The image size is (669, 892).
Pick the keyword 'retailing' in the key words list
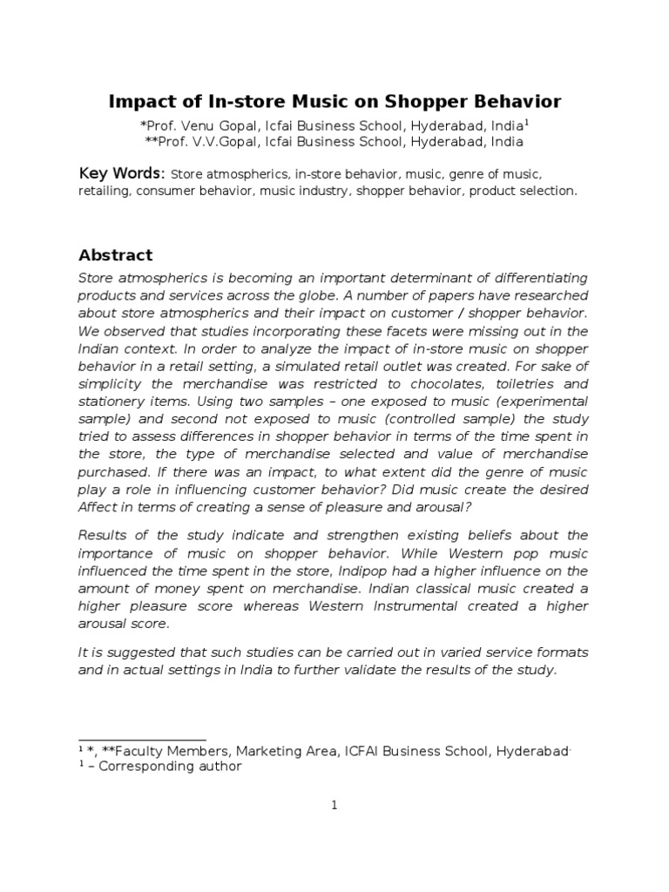[105, 191]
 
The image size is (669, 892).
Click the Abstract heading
[115, 255]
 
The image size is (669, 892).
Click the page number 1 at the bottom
[334, 806]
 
